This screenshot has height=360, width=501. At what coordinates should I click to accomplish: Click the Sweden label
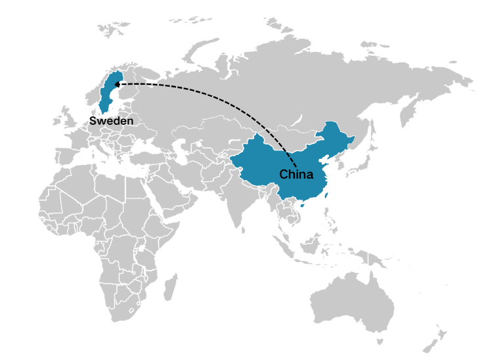pyautogui.click(x=111, y=121)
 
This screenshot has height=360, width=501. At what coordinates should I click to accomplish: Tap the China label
pyautogui.click(x=296, y=175)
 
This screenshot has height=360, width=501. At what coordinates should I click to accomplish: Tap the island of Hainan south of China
pyautogui.click(x=301, y=206)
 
